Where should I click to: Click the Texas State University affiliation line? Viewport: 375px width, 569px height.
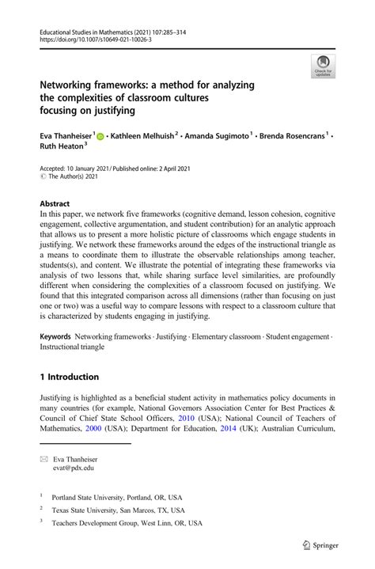[x=107, y=510]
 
